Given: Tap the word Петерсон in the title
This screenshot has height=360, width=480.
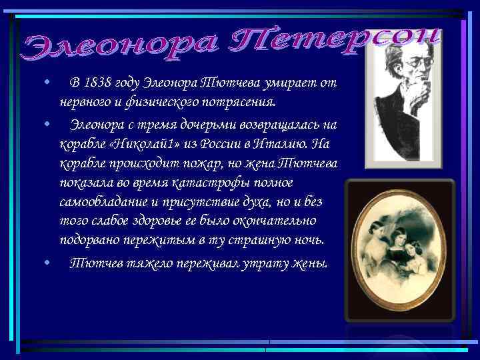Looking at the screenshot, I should pos(337,41).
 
